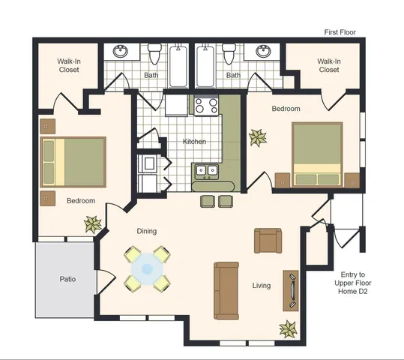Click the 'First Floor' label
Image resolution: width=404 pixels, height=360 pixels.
(x=340, y=32)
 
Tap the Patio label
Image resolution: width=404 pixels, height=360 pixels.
(x=67, y=279)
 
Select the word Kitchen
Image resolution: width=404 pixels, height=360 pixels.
(x=194, y=141)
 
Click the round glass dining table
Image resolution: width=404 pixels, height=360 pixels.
(x=147, y=269)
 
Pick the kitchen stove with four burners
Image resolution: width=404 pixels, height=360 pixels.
(x=206, y=106)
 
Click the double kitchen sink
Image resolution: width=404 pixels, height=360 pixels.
(x=207, y=171)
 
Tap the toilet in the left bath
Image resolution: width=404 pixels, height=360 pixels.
(x=154, y=54)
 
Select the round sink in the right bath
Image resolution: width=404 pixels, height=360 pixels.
(x=263, y=51)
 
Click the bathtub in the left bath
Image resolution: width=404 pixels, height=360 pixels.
(x=178, y=67)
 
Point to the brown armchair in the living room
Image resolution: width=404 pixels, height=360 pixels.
(x=268, y=241)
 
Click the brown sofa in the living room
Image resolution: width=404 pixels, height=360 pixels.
(x=226, y=291)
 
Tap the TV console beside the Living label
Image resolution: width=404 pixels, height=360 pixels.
(x=291, y=291)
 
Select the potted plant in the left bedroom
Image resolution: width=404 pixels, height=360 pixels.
(x=93, y=224)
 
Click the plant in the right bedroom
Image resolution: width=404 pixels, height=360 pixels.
(x=258, y=138)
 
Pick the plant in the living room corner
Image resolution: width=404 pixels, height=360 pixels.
(x=289, y=329)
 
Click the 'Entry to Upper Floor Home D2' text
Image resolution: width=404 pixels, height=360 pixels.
(x=353, y=283)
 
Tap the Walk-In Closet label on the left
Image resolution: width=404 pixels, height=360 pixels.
(x=69, y=65)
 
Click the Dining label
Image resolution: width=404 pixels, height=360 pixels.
(x=147, y=231)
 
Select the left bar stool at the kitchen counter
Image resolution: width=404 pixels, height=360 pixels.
(x=208, y=202)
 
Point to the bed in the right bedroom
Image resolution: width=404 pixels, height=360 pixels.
(x=317, y=155)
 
